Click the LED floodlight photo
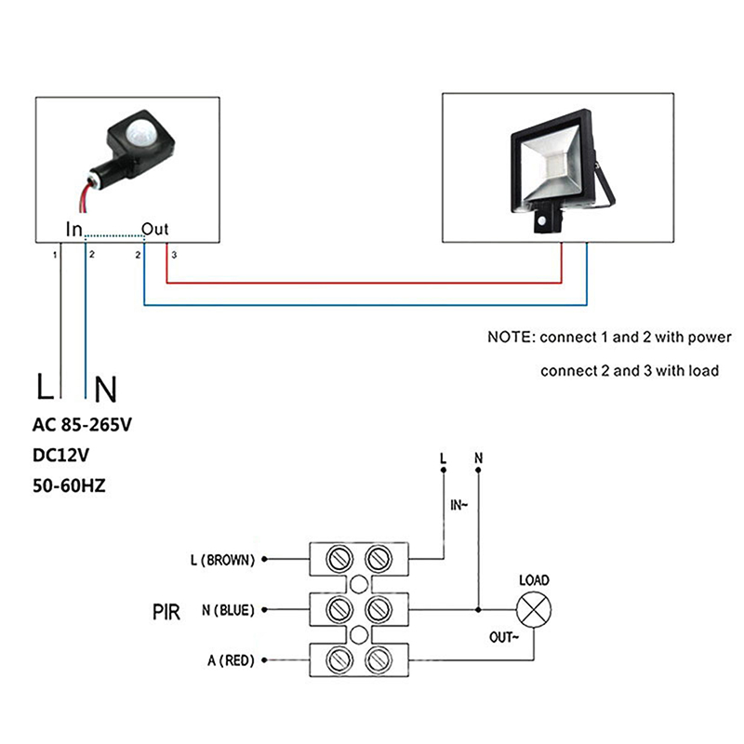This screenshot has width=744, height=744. (x=558, y=167)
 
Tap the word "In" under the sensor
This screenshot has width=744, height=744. (x=74, y=229)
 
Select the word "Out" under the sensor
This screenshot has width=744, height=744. (x=154, y=229)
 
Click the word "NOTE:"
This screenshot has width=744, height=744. (x=511, y=337)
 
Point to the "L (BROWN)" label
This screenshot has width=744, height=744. (x=221, y=560)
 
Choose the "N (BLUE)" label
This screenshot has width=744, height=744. (x=227, y=611)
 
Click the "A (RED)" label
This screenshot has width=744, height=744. (x=231, y=661)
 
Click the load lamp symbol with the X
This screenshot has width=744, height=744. (x=533, y=611)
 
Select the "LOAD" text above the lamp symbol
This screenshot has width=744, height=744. (x=533, y=580)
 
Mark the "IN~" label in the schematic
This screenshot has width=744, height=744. (x=458, y=506)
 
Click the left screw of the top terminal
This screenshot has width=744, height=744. (x=339, y=559)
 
